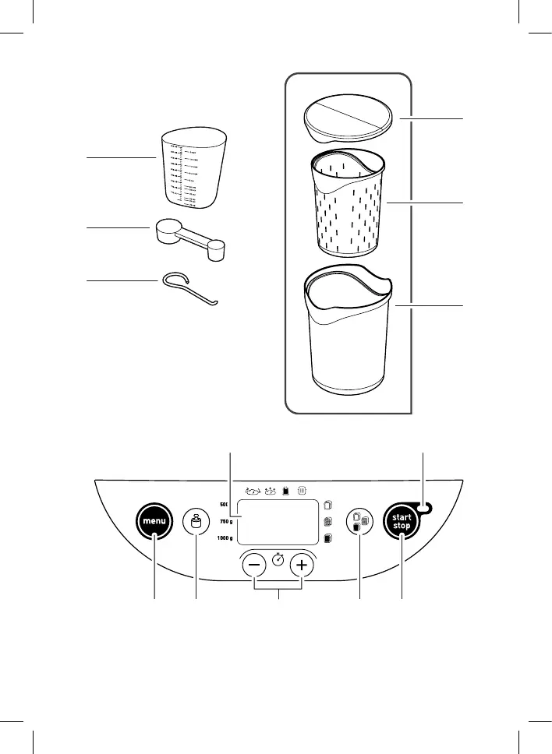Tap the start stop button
pos(402,523)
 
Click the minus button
pos(254,565)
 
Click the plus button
pos(303,565)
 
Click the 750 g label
pos(226,521)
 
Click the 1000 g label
pos(225,539)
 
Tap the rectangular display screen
pos(278,522)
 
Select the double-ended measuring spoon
pos(189,236)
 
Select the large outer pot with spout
pos(349,332)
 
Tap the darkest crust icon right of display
pos(328,538)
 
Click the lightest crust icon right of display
pos(328,504)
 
